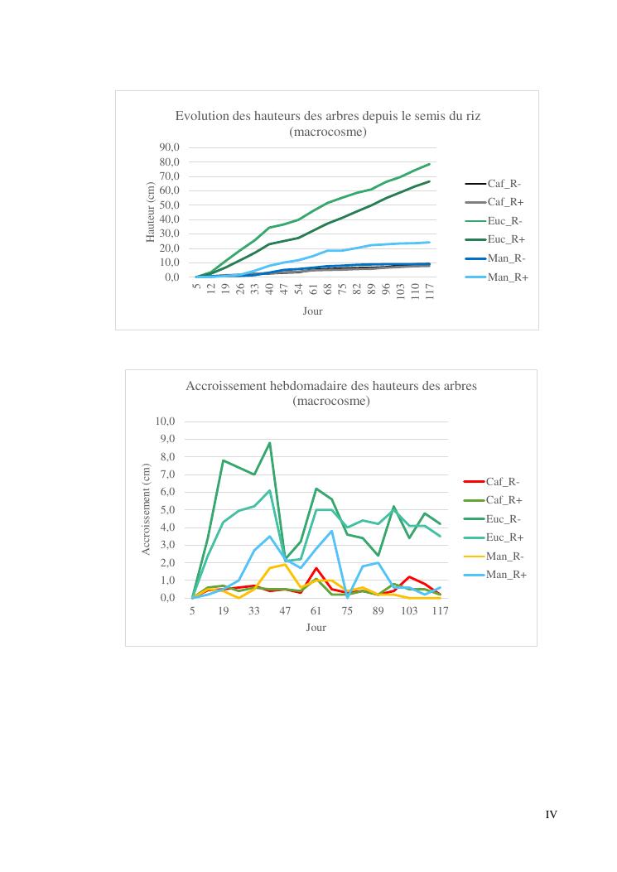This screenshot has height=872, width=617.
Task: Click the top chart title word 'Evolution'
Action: click(x=202, y=116)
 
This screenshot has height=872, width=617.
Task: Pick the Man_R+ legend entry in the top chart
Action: click(x=496, y=277)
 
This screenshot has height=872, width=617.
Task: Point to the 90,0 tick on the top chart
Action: click(x=170, y=147)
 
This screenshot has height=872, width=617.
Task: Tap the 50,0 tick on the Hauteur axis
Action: click(x=170, y=205)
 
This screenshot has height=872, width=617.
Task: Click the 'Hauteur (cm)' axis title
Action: click(x=151, y=213)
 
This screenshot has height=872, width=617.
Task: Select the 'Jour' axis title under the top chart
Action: click(x=312, y=311)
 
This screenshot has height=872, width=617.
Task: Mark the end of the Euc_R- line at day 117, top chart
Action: click(x=430, y=164)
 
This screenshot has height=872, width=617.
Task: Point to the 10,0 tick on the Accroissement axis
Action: click(x=166, y=422)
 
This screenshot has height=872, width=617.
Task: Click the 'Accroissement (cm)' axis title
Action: click(x=147, y=509)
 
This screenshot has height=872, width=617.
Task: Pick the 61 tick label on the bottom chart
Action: click(x=316, y=611)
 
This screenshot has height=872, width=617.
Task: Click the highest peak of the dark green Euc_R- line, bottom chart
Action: click(x=269, y=442)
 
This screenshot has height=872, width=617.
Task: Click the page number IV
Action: click(x=551, y=815)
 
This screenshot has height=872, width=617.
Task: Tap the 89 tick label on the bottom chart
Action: click(x=378, y=611)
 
